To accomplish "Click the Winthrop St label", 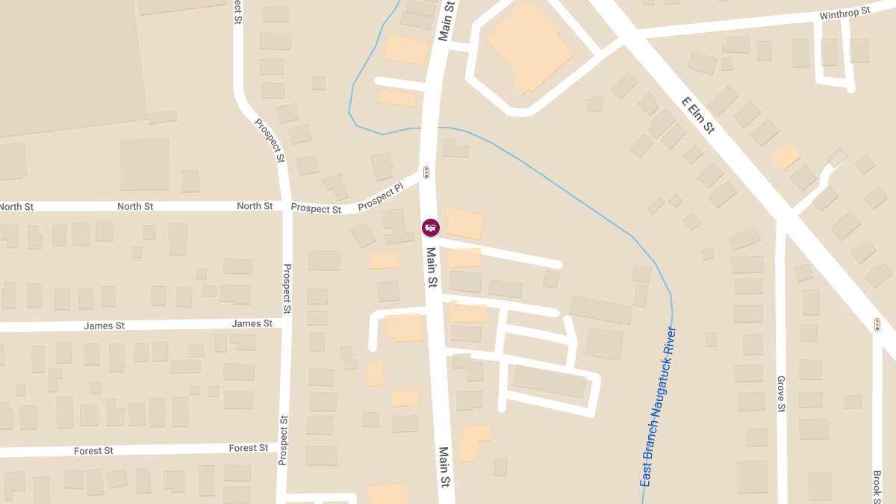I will pyautogui.click(x=845, y=13).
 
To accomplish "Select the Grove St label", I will pyautogui.click(x=781, y=393).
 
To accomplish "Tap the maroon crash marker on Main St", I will pyautogui.click(x=431, y=227).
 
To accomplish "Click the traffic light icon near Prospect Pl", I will pyautogui.click(x=426, y=172).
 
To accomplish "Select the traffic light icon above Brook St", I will pyautogui.click(x=877, y=325).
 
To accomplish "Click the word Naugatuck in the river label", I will pyautogui.click(x=665, y=388).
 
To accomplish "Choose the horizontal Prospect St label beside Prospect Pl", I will pyautogui.click(x=316, y=209).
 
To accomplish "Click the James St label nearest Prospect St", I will pyautogui.click(x=252, y=323).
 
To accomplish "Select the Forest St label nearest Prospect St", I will pyautogui.click(x=248, y=448).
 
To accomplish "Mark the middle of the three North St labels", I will pyautogui.click(x=135, y=206).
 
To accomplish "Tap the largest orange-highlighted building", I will pyautogui.click(x=529, y=46).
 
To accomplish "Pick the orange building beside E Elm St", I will pyautogui.click(x=785, y=157).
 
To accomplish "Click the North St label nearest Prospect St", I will pyautogui.click(x=255, y=205).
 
